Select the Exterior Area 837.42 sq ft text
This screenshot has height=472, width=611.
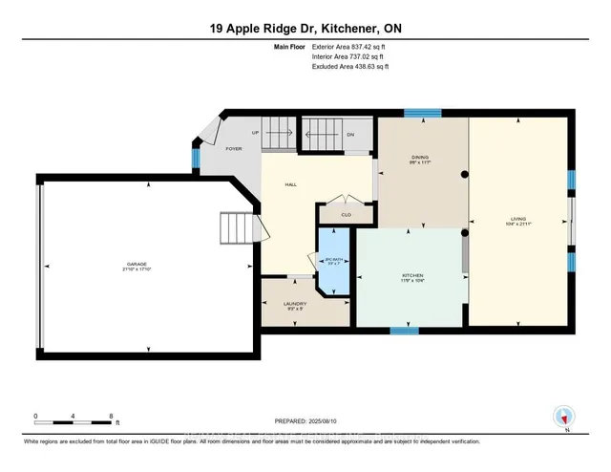[x=350, y=47]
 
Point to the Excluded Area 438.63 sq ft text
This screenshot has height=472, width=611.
[x=350, y=67]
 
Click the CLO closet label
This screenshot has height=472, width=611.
[x=340, y=214]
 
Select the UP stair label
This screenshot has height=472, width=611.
[x=256, y=133]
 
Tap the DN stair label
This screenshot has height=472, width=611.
[x=349, y=135]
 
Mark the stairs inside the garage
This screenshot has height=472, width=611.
[x=235, y=228]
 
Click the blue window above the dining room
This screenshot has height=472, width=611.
[x=415, y=114]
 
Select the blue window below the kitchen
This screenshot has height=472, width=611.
[x=405, y=331]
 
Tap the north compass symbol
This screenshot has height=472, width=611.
[x=563, y=416]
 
